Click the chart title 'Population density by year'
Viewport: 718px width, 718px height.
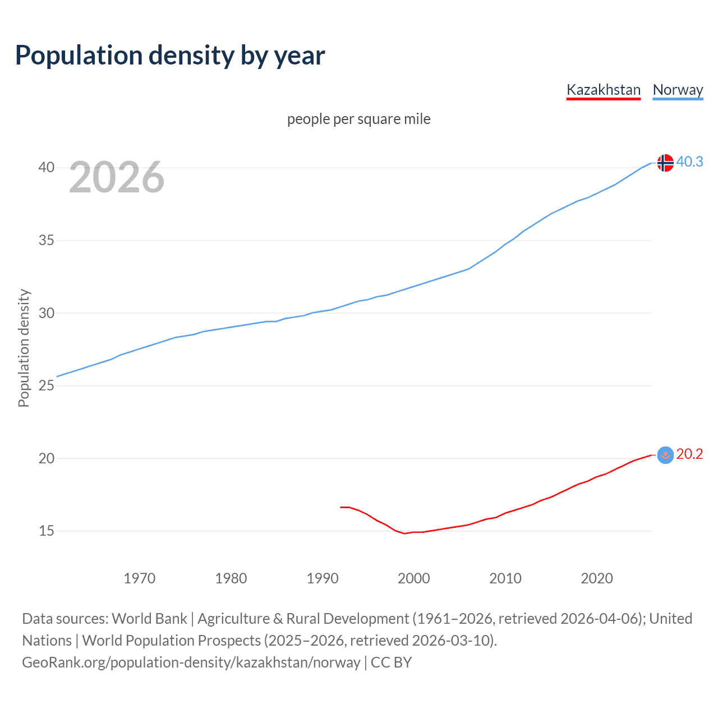point(170,55)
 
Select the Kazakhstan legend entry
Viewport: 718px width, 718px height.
point(603,90)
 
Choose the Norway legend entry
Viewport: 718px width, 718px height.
point(678,90)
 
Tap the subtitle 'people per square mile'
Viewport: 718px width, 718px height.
point(358,119)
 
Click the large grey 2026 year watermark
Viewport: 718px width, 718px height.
point(117,177)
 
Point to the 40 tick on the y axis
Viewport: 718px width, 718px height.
point(47,168)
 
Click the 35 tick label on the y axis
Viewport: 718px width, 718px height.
point(47,241)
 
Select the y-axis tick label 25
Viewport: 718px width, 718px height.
point(47,386)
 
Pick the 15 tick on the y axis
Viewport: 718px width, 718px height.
point(47,531)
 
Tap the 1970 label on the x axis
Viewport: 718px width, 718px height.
point(139,578)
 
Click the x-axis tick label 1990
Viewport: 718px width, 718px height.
point(323,578)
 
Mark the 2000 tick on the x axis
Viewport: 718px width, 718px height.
point(414,578)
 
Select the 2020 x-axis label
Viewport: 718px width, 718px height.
point(597,578)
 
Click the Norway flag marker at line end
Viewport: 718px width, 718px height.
point(665,163)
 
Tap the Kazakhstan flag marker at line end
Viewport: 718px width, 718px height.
point(665,455)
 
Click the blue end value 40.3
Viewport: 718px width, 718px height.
point(689,162)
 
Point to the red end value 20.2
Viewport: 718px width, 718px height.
point(689,454)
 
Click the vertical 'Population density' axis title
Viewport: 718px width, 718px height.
point(24,348)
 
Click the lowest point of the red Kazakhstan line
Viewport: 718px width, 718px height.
point(404,533)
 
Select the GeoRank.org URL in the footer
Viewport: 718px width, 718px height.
point(191,662)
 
